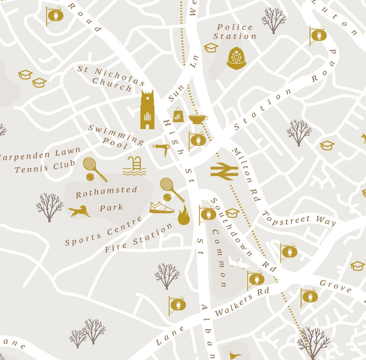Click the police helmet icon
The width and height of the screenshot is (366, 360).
coord(236,58)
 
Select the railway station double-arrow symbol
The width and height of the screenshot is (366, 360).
coord(224,171)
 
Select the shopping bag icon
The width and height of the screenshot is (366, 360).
coord(179,115)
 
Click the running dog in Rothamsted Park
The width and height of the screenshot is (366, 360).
coord(79,211)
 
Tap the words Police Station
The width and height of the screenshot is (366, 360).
coord(235,32)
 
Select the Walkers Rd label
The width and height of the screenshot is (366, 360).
coord(242,301)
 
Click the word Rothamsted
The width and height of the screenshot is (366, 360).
coord(106,192)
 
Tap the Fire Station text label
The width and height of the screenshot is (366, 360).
coord(138,238)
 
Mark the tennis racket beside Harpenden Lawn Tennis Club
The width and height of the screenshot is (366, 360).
coord(94,168)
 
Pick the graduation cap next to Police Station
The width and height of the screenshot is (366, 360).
coord(211,48)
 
